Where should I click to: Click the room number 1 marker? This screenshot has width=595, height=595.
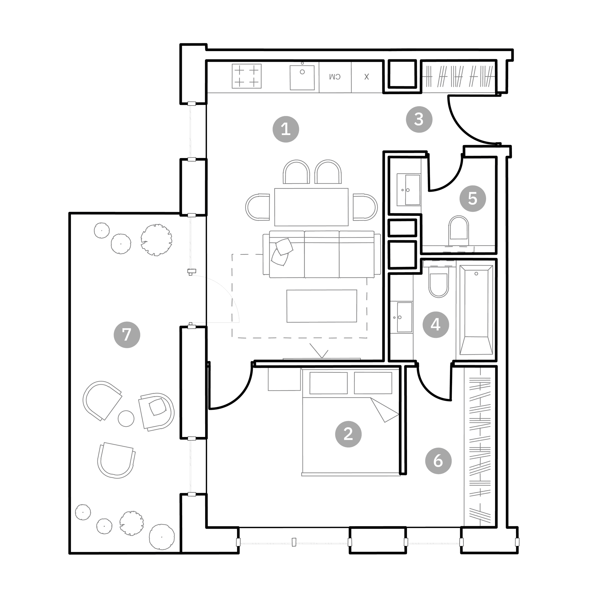point(286,129)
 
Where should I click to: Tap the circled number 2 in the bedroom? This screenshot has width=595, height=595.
point(348,434)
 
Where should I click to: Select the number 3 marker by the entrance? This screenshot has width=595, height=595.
point(419,119)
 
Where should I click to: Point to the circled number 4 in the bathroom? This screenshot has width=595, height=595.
point(436,325)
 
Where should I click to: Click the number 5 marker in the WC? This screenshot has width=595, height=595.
point(473,198)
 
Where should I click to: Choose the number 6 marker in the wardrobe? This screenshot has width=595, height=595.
point(438,461)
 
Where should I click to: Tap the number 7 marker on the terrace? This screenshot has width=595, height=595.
point(127,335)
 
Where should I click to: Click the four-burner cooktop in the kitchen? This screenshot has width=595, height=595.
point(247,76)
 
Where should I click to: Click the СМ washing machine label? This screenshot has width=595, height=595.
point(335,77)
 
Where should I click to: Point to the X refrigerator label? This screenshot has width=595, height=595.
point(366,77)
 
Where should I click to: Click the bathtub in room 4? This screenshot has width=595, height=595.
point(476,310)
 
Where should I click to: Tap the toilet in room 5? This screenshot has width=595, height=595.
point(459,228)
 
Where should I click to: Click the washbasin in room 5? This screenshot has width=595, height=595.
point(409,190)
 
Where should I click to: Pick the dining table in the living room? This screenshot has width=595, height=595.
point(311,207)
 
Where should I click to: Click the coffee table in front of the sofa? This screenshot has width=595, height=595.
point(322,306)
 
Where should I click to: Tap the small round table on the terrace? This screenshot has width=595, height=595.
point(126,419)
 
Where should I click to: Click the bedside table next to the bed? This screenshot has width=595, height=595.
point(284,379)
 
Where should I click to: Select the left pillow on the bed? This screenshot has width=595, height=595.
point(329,383)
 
